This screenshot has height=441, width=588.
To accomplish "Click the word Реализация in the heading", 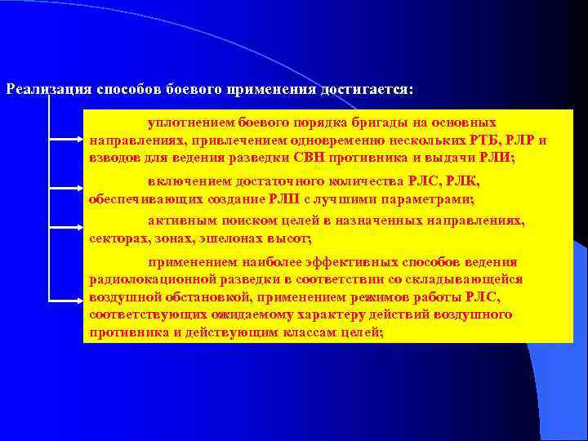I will pyautogui.click(x=48, y=88).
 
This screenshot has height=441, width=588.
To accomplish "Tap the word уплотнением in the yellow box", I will pyautogui.click(x=191, y=122).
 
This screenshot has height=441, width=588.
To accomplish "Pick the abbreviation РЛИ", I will pyautogui.click(x=496, y=157).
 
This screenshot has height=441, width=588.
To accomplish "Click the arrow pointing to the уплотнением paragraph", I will pyautogui.click(x=78, y=135).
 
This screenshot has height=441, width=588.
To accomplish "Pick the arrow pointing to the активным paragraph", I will pyautogui.click(x=78, y=229).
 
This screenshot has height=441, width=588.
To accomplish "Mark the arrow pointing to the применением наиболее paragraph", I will pyautogui.click(x=78, y=298).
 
